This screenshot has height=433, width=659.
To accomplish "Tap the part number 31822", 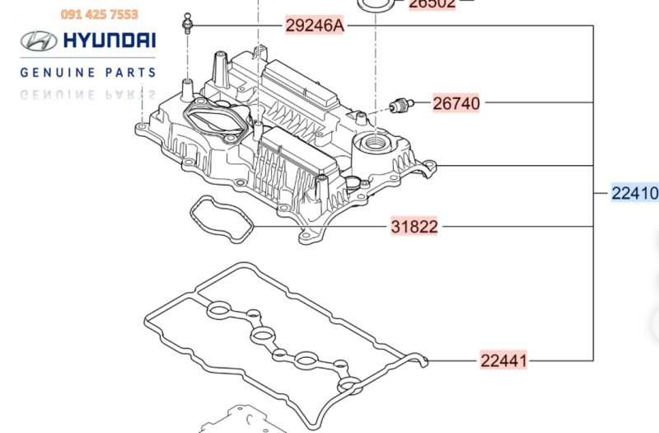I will click(414, 226).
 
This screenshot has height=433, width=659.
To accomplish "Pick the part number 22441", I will click(504, 360).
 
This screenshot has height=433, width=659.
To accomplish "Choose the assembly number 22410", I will click(634, 194).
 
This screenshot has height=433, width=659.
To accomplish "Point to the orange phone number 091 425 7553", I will click(100, 14).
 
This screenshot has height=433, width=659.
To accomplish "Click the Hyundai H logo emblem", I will click(37, 42).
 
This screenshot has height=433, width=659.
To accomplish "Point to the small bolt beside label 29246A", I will click(189, 22).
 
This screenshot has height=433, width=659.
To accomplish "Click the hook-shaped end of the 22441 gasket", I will click(423, 360).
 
